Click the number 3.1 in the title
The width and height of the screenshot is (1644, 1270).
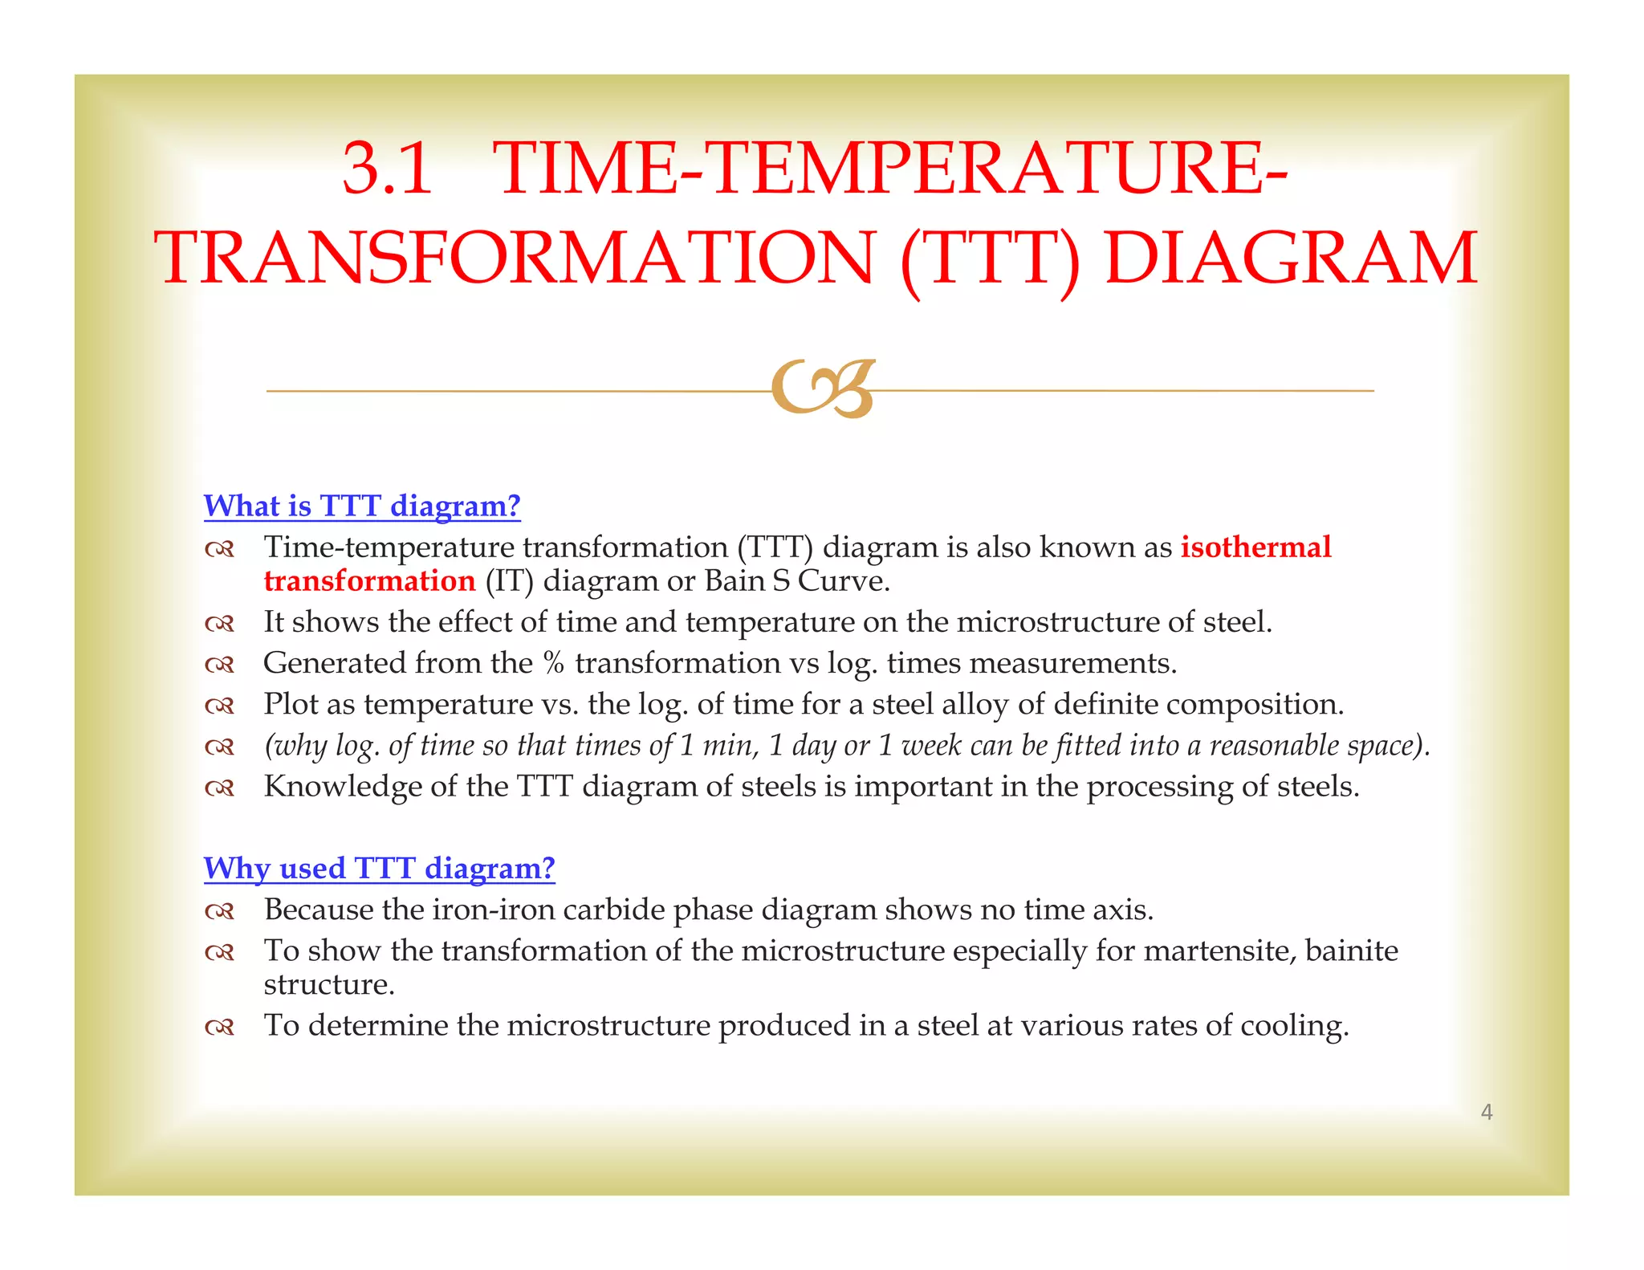(x=387, y=169)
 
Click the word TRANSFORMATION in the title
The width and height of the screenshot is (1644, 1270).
(x=514, y=258)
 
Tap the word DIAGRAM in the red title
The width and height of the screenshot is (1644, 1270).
(x=1290, y=258)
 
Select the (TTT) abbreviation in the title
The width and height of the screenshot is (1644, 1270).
(x=990, y=258)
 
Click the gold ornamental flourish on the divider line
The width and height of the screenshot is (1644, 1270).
(x=822, y=389)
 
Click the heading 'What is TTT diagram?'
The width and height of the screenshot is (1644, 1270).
(x=362, y=506)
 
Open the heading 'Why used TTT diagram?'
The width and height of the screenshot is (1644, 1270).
(x=379, y=868)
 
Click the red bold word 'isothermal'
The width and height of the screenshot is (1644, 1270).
(x=1255, y=547)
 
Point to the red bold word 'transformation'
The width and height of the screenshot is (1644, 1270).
(x=369, y=581)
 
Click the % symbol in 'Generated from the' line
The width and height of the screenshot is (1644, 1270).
(x=553, y=664)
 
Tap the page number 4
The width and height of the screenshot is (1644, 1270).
(x=1486, y=1112)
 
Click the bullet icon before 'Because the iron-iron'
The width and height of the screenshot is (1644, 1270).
(x=219, y=912)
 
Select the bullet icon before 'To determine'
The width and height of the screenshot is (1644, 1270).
(x=219, y=1028)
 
